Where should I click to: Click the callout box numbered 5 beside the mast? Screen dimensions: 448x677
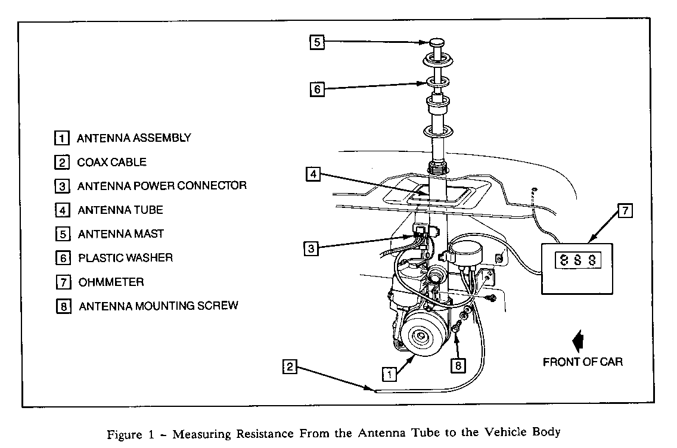317,42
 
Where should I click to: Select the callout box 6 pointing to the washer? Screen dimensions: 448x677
317,89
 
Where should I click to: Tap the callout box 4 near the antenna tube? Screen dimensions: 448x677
314,175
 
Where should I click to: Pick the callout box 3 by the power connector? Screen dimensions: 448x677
310,248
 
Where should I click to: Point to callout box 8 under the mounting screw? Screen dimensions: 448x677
457,366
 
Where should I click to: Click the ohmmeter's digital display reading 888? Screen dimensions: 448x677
576,261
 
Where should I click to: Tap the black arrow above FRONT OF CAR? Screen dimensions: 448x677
577,343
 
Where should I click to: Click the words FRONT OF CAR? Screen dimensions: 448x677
582,362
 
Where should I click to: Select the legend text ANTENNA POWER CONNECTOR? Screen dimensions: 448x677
162,186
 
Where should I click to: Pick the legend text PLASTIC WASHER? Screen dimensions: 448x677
125,258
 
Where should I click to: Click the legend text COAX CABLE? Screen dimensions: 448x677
111,162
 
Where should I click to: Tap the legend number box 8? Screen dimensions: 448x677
62,306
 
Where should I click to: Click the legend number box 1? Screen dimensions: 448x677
61,138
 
